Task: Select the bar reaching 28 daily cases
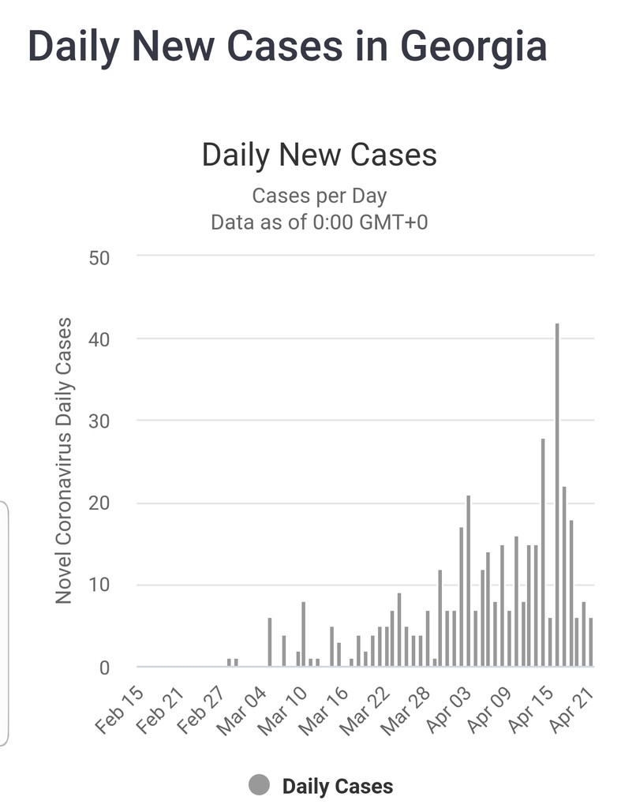[543, 552]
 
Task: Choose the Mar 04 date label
[254, 709]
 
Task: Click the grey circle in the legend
[259, 785]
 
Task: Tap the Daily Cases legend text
[337, 786]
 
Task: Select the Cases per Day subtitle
[319, 195]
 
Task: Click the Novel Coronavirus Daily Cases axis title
[64, 461]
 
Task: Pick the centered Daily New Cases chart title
[319, 154]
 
